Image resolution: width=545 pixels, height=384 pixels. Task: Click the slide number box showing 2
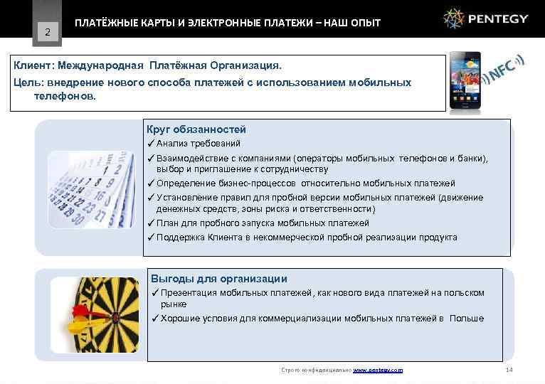click(47, 31)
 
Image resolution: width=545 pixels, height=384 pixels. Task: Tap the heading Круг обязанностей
click(196, 129)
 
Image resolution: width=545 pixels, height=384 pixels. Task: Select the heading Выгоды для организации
click(219, 279)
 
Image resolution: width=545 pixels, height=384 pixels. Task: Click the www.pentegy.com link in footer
click(378, 370)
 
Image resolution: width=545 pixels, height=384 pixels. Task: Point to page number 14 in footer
click(508, 370)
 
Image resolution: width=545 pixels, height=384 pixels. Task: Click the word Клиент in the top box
click(33, 65)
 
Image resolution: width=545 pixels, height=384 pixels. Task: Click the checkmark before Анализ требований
click(151, 144)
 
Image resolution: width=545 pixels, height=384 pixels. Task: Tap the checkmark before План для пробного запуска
click(151, 223)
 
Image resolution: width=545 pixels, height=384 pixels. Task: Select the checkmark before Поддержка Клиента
click(151, 238)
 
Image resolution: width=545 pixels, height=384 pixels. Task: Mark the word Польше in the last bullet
click(466, 319)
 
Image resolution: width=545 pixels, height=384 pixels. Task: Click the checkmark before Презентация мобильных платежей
click(155, 293)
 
